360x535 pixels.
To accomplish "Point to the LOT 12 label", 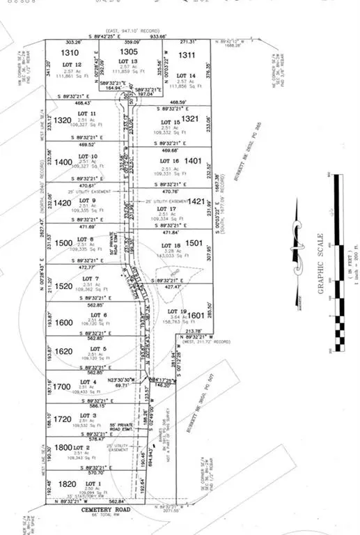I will click(x=73, y=65).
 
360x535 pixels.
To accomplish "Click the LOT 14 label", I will click(x=186, y=75).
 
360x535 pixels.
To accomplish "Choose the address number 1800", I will click(x=64, y=448).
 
